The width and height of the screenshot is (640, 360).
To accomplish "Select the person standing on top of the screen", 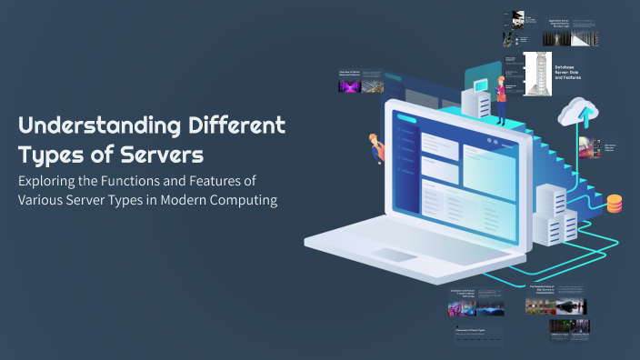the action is coord(500,98).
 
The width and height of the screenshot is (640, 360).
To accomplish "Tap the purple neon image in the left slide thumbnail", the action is coord(349,87).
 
